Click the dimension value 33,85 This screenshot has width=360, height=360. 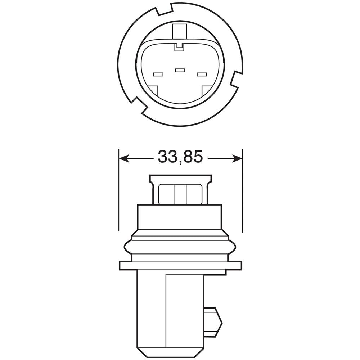[x=180, y=157]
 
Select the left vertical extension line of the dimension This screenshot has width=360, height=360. [x=118, y=191]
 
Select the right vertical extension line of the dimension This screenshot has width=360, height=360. [x=242, y=191]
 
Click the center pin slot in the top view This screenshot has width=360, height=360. [x=180, y=70]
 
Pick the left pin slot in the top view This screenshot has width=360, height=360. [x=158, y=75]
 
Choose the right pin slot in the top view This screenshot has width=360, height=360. [x=202, y=75]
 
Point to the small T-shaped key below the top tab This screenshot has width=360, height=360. [x=179, y=46]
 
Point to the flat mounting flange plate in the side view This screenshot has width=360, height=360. [x=180, y=265]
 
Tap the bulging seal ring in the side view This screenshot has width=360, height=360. [x=180, y=247]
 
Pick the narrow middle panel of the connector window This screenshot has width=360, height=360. [x=180, y=194]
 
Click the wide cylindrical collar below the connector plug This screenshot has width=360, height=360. [x=179, y=218]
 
